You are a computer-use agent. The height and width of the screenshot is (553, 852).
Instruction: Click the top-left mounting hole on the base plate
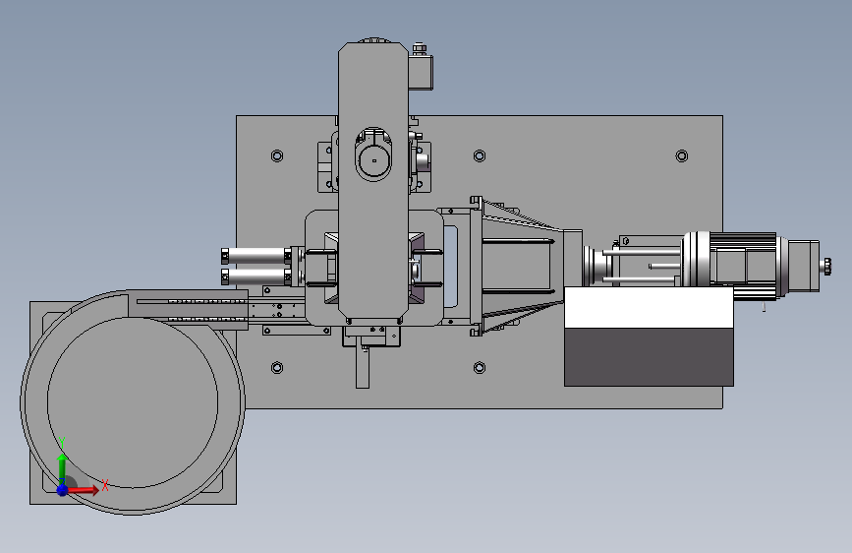coord(277,156)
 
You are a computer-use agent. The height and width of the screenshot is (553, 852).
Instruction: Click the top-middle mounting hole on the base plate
coord(480,156)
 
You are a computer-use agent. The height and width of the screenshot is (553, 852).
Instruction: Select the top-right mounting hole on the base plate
coord(682,156)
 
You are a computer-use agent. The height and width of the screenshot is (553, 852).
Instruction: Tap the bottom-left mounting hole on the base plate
coord(277,368)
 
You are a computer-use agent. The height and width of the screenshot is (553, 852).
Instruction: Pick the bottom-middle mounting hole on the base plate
coord(480,368)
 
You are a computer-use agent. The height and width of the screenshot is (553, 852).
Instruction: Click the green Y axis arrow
coord(63,468)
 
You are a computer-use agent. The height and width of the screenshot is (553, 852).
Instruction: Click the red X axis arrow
coord(82,490)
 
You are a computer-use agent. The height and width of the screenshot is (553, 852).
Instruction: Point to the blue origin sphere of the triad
coord(63,490)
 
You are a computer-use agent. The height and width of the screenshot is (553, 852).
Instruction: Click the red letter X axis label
coord(105,485)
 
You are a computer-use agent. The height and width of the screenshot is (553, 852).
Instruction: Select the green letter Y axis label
coord(62,443)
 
